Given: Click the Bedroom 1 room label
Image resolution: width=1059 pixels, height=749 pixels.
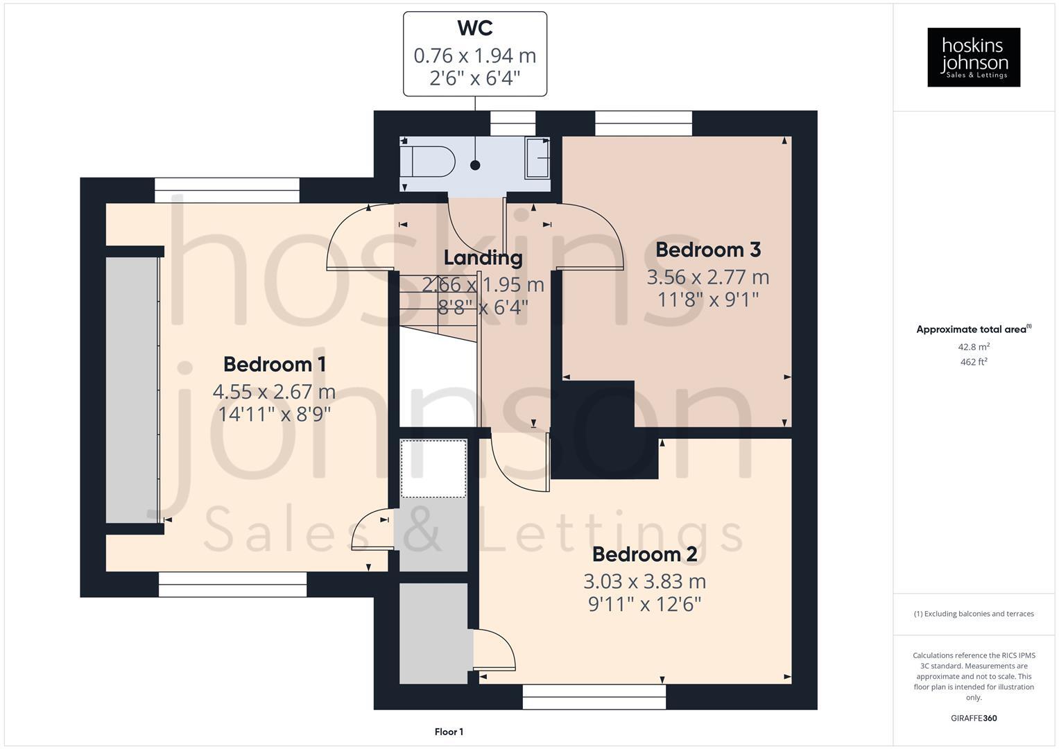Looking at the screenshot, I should pos(275,364).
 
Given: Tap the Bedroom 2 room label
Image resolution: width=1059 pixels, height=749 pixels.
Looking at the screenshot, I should pos(644,555).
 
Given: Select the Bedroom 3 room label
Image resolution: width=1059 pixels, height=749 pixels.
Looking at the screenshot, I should pos(707,250).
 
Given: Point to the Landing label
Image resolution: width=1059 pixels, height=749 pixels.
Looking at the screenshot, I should pos(483,258).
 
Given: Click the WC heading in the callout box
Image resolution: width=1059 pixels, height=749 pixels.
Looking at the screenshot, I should pos(475,28).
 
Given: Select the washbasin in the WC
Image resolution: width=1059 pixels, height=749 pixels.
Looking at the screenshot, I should pos(537,158).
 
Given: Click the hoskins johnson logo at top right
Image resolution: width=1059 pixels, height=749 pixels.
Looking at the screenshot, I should pos(974,57).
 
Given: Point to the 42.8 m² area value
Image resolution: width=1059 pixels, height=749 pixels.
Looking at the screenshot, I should pos(974,347).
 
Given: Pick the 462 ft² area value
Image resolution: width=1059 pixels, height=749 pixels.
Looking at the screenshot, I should pos(974,362).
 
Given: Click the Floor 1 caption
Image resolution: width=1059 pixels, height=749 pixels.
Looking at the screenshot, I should pos(449,732).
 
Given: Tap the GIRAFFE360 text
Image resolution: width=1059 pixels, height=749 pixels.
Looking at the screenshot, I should pos(974,718).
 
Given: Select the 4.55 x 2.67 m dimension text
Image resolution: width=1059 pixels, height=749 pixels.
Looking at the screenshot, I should pos(275,392).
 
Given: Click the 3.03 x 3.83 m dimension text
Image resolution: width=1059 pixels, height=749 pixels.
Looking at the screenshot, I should pos(644,581).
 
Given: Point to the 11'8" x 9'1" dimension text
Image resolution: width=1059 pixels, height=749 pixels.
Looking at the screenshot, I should pos(707,300).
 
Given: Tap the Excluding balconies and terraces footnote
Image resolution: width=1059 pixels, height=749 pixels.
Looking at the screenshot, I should pos(974,614).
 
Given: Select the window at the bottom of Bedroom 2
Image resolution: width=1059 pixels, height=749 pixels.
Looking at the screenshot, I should pos(594,697).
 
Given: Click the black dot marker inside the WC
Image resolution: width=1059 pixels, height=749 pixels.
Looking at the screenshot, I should pos(475,165).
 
